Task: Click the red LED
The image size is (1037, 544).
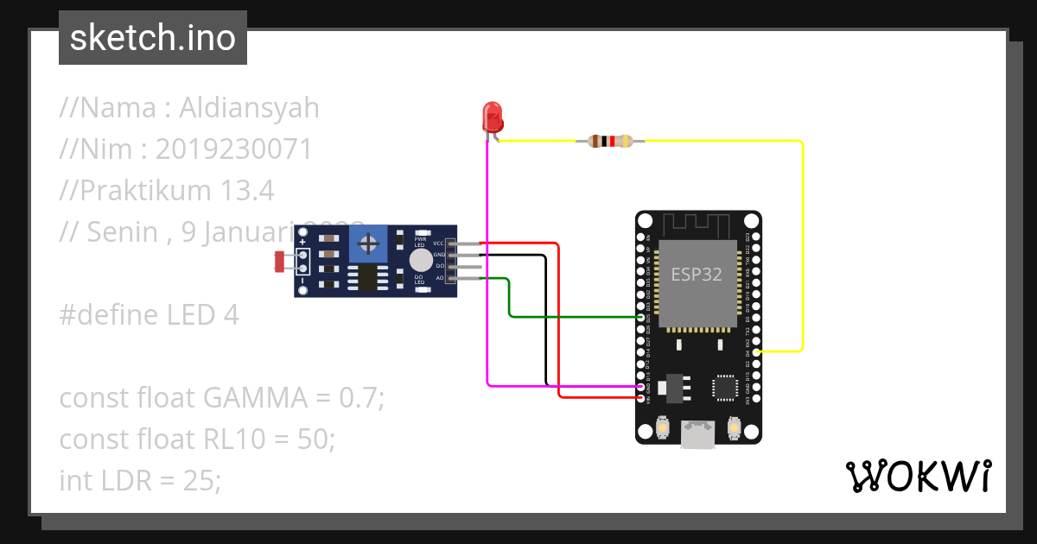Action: coord(492,116)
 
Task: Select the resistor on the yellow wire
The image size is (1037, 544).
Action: coord(610,141)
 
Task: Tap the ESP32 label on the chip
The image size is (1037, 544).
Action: coord(697,274)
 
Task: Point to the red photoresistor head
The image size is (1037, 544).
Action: coord(280,259)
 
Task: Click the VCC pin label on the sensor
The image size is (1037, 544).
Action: coord(439,244)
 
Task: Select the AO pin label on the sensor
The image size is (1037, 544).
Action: coord(439,278)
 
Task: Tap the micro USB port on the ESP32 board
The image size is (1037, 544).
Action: coord(698,434)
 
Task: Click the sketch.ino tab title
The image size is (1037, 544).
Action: coord(153,38)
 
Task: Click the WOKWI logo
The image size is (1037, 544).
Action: coord(918,476)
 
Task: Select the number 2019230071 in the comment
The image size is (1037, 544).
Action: coord(233,149)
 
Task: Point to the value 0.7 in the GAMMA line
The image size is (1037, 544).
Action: coord(358,398)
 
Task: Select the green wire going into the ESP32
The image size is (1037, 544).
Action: coord(570,317)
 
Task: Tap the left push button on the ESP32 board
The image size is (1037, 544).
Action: coord(663,427)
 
